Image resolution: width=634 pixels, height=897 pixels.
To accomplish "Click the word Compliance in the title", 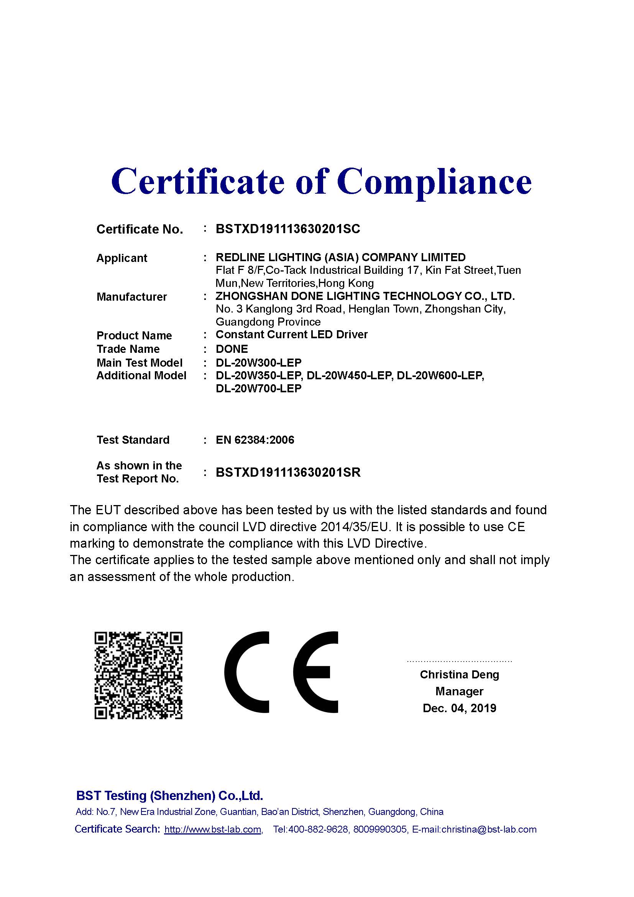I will click(x=434, y=182).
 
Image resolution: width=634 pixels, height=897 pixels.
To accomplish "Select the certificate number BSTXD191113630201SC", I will click(x=288, y=229).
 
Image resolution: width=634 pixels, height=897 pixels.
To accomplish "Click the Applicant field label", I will click(x=122, y=258).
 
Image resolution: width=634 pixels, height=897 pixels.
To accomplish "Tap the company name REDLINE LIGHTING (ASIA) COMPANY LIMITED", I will click(x=340, y=257).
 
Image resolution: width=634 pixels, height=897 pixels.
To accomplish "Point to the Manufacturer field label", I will click(x=131, y=297).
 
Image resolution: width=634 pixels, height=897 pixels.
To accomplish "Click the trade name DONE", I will click(x=232, y=349).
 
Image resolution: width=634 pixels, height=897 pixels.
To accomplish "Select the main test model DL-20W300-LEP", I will click(x=258, y=362).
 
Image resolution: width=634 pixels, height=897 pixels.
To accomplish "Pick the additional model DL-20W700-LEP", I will click(x=258, y=389).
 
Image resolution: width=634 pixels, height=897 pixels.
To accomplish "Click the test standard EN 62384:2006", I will click(x=255, y=440).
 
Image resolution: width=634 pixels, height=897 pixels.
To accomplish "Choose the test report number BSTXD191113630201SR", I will click(x=288, y=473).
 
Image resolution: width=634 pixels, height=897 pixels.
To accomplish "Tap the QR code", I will click(x=139, y=675).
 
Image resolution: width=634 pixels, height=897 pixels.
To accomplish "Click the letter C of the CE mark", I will click(x=247, y=672).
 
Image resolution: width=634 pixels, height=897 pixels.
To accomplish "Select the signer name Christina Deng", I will click(x=460, y=675).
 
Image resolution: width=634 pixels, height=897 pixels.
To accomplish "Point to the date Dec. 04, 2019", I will click(x=460, y=708).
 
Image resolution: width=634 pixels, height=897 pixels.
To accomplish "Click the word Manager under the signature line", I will click(x=460, y=691).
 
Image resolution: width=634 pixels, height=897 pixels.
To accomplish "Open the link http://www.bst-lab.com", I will click(x=213, y=830).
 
